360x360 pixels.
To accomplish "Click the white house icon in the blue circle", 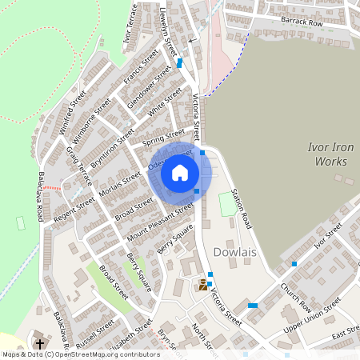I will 180,173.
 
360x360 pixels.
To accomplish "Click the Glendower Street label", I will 152,86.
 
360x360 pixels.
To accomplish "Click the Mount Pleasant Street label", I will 160,222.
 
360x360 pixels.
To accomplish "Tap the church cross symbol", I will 38,343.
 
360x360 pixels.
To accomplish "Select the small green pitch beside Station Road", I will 227,204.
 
